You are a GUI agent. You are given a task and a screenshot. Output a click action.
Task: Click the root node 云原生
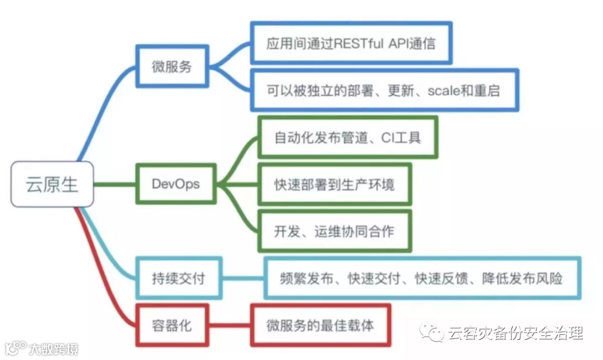point(52,184)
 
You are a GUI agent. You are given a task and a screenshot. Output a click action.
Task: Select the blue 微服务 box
point(172,66)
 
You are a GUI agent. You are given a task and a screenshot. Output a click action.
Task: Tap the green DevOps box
point(175,184)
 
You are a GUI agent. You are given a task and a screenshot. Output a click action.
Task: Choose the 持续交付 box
point(178,277)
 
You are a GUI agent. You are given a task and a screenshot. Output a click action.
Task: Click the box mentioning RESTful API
point(351,43)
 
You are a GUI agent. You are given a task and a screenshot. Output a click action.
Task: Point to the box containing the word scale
point(384,90)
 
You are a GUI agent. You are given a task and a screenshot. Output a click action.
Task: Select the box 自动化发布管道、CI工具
point(347,137)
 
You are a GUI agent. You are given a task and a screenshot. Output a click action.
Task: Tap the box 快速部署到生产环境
point(334,184)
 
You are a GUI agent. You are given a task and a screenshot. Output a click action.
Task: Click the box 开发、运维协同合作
point(334,231)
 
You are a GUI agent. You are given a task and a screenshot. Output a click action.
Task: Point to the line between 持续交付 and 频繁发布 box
point(243,278)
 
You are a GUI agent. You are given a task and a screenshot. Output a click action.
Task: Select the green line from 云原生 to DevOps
point(114,184)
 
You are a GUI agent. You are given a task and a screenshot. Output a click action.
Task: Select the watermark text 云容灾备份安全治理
point(515,333)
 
